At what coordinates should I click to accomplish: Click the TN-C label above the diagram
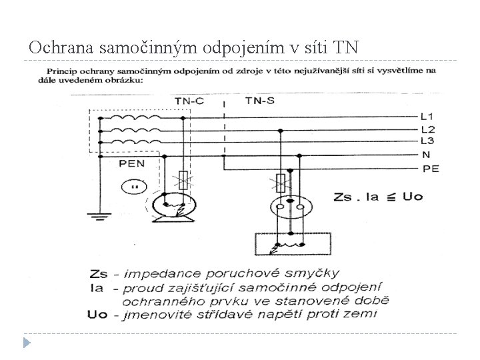[x=190, y=100]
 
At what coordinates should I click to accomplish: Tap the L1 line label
[x=427, y=116]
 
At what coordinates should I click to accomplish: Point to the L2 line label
[x=427, y=129]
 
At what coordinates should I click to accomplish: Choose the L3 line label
[x=427, y=141]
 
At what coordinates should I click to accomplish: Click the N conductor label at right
[x=426, y=155]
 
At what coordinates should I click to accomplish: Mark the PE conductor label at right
[x=431, y=169]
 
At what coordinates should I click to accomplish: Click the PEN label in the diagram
[x=132, y=163]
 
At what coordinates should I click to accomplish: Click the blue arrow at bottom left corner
[x=27, y=342]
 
